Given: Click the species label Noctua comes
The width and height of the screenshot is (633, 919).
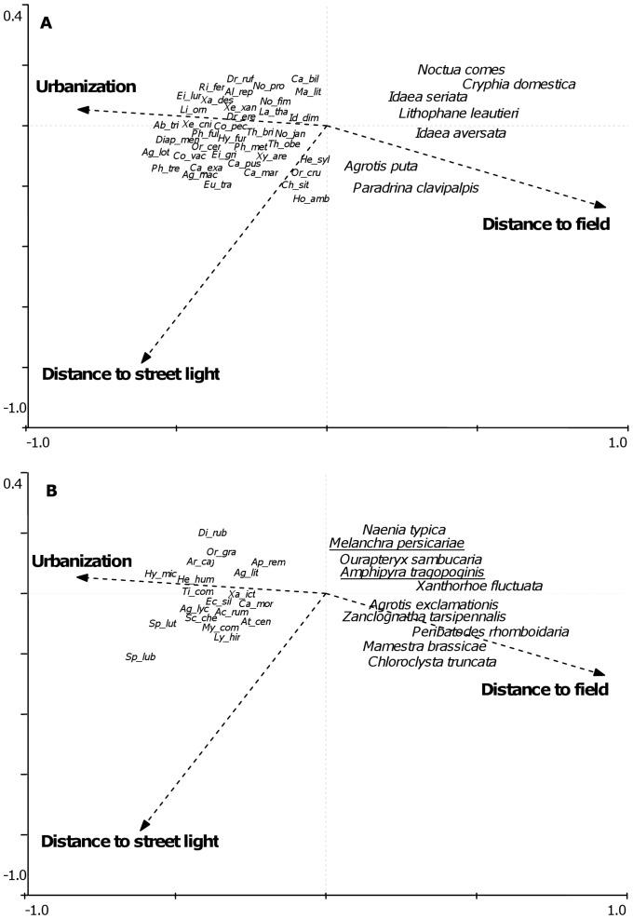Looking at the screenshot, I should click(x=461, y=70).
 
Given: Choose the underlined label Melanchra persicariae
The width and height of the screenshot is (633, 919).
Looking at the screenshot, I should click(x=397, y=543).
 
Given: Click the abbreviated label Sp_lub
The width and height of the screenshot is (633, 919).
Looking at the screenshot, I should click(x=139, y=657).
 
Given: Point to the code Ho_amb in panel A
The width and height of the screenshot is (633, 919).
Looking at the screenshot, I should click(x=311, y=198).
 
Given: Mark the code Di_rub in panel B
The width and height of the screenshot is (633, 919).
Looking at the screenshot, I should click(x=212, y=533).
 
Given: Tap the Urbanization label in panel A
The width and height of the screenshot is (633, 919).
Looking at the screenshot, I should click(x=87, y=87).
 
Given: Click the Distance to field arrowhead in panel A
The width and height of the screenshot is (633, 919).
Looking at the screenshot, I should click(x=601, y=206).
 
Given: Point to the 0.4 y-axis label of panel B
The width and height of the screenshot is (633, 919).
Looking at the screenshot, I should click(x=11, y=484).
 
